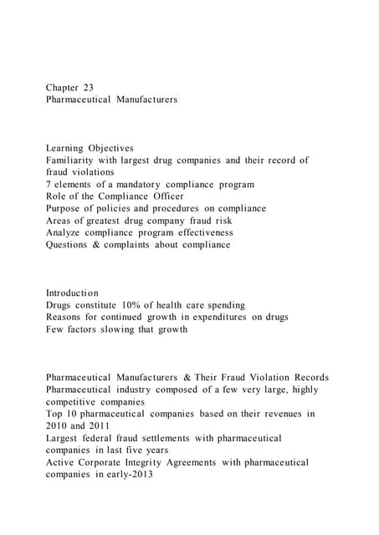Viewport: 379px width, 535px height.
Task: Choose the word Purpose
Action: (67, 208)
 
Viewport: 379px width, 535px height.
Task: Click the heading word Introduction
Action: (72, 293)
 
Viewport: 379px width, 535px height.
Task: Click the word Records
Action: (305, 378)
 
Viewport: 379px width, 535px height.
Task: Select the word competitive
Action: (74, 403)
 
